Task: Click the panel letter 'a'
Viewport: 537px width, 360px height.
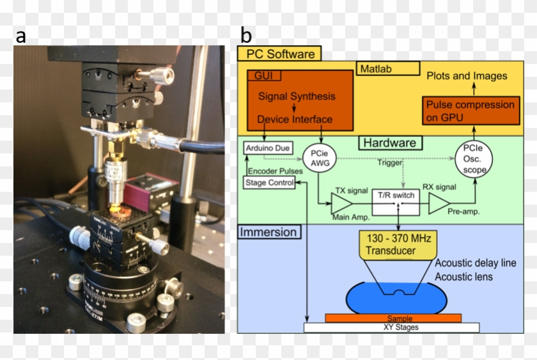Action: (21, 36)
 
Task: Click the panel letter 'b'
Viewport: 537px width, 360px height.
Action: (245, 36)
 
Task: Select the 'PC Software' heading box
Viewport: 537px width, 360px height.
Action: (279, 53)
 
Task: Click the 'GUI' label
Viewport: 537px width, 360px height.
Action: (263, 75)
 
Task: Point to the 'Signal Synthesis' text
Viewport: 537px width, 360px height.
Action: (297, 97)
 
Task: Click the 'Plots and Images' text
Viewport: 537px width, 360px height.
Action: (467, 75)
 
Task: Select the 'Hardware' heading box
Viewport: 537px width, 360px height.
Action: (390, 143)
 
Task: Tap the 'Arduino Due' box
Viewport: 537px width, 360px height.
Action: (267, 148)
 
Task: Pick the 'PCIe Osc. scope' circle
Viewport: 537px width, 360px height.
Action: (474, 159)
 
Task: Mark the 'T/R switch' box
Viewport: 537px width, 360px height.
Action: (398, 196)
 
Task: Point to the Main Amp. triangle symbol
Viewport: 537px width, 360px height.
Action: (340, 204)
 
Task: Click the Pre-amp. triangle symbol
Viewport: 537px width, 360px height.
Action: (439, 204)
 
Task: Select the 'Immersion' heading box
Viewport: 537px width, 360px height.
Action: (268, 231)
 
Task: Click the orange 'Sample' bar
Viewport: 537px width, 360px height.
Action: (393, 318)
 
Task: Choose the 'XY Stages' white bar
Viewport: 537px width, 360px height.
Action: (391, 327)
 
